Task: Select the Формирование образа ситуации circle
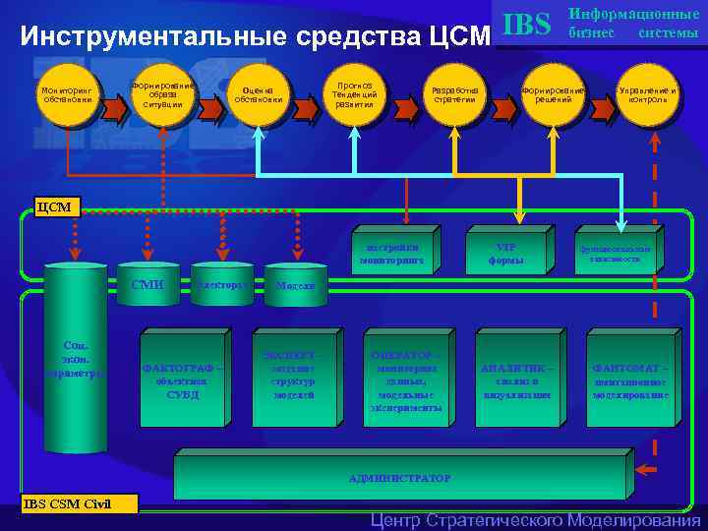[163, 95]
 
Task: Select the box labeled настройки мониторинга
[390, 254]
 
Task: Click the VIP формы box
[505, 254]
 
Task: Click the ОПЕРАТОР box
[403, 380]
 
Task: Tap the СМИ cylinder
[147, 285]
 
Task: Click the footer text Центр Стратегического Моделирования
[535, 520]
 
